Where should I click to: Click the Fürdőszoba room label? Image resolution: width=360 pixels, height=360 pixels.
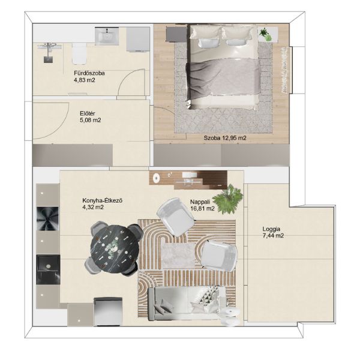[x=89, y=73]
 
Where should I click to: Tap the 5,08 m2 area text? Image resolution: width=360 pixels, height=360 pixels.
[x=91, y=121]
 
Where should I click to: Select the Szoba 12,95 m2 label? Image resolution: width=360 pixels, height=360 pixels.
[x=225, y=138]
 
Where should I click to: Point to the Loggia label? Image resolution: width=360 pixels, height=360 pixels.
[x=271, y=229]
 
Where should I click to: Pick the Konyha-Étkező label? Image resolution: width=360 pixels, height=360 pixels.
[x=102, y=200]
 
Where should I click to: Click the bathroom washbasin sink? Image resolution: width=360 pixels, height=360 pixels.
[x=107, y=36]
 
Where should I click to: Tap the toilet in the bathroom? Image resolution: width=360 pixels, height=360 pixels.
[x=79, y=54]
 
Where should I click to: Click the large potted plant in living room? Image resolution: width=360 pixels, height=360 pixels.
[x=228, y=199]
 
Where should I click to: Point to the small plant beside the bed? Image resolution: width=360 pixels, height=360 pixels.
[x=265, y=34]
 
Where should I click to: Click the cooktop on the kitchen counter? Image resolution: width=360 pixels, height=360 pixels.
[x=47, y=218]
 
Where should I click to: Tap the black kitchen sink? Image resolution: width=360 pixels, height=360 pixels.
[x=48, y=269]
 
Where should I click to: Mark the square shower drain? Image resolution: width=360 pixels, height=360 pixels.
[x=49, y=59]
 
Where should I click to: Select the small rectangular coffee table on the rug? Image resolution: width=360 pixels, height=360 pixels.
[x=178, y=256]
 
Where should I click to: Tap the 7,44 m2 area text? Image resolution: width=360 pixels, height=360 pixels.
[x=273, y=236]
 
